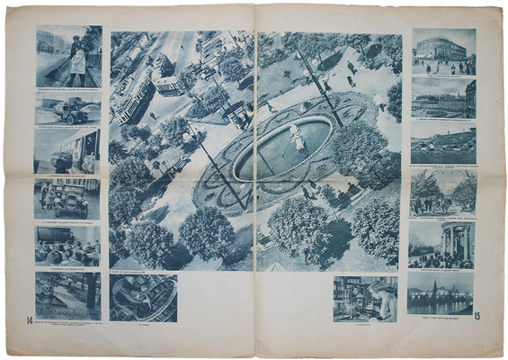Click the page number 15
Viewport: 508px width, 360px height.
click(477, 316)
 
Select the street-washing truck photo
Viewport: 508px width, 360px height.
click(67, 108)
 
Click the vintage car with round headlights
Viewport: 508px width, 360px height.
click(67, 199)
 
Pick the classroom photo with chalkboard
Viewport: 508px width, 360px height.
click(67, 243)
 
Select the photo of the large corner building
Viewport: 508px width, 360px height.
click(443, 50)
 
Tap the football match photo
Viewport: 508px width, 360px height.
click(443, 144)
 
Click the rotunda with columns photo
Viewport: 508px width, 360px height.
click(443, 243)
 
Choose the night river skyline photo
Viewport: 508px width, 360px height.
click(440, 292)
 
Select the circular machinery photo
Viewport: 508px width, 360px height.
click(143, 298)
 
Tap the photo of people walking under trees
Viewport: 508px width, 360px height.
click(443, 192)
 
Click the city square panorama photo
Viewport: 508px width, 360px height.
click(443, 98)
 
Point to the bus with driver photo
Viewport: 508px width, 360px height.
click(67, 150)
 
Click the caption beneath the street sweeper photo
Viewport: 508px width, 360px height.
click(67, 90)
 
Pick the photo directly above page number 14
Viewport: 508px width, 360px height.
click(67, 292)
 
